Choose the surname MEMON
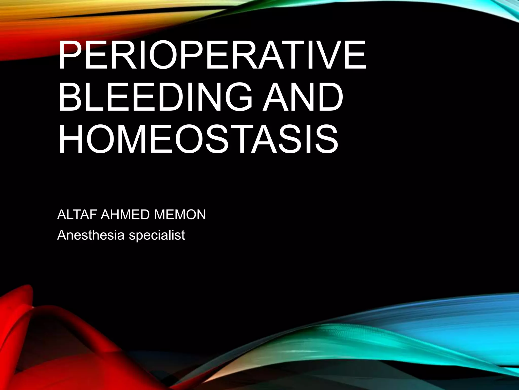pos(180,215)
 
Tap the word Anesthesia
pos(91,235)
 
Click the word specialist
pos(157,235)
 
